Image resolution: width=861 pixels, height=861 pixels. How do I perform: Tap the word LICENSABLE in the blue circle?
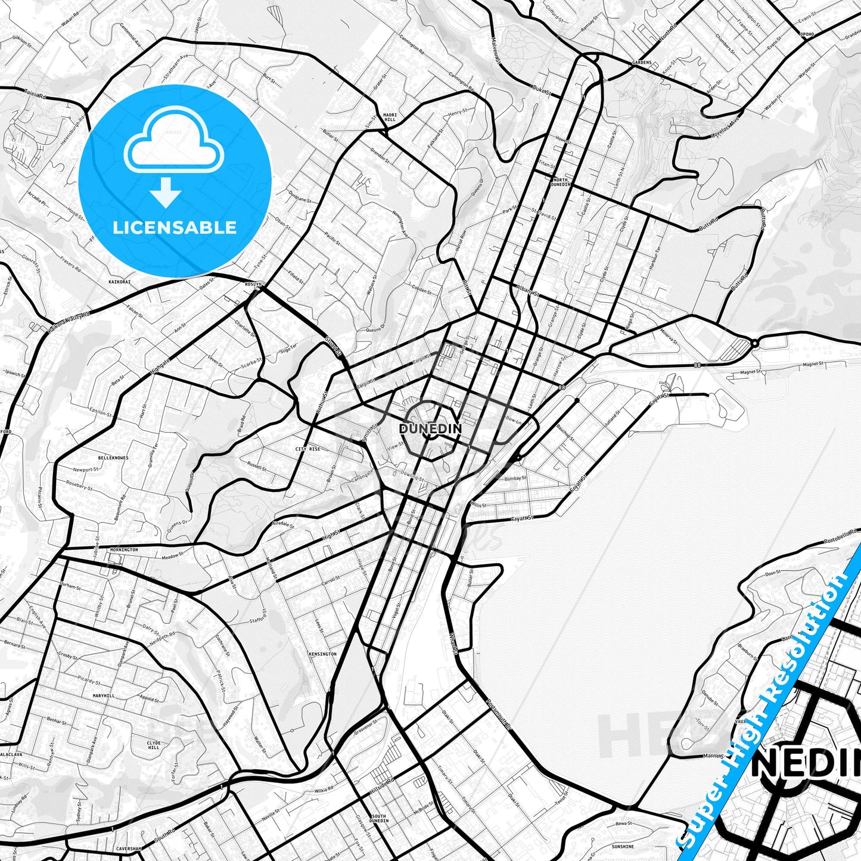coord(175,227)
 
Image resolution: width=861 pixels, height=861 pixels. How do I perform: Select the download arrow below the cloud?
coord(166,192)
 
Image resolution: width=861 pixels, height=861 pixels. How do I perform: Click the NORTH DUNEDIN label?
coord(561,182)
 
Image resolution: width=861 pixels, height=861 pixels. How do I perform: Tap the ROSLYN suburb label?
coord(253,285)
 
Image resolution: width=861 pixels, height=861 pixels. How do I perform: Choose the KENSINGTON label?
coord(322,654)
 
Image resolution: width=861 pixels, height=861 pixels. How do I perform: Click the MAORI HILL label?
coord(389,117)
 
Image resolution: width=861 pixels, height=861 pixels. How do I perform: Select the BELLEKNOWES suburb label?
coord(113,458)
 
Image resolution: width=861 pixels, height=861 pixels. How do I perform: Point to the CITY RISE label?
coord(307,449)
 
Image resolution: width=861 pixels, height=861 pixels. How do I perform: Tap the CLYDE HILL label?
coord(154,745)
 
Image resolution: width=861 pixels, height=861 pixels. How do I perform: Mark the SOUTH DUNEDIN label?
coord(379,819)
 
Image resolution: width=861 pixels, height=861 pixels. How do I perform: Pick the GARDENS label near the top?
coord(642,62)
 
